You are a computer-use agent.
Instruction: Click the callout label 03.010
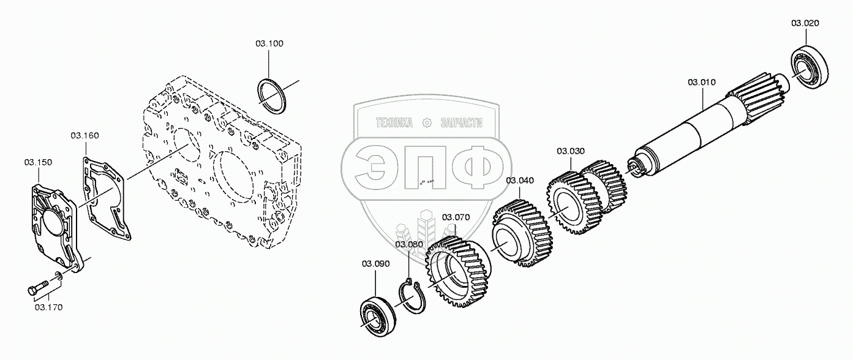[702, 82]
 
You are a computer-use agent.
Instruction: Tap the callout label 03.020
[805, 23]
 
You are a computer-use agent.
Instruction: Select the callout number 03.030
[571, 151]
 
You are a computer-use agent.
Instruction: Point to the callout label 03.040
[520, 181]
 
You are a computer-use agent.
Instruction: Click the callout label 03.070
[456, 217]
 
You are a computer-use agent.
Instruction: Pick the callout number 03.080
[409, 245]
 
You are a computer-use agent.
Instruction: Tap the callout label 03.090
[375, 264]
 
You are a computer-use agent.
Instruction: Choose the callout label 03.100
[269, 44]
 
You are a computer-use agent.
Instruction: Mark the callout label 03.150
[38, 162]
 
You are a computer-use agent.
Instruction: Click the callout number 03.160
[85, 135]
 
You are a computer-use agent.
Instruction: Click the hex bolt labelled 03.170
[39, 287]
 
